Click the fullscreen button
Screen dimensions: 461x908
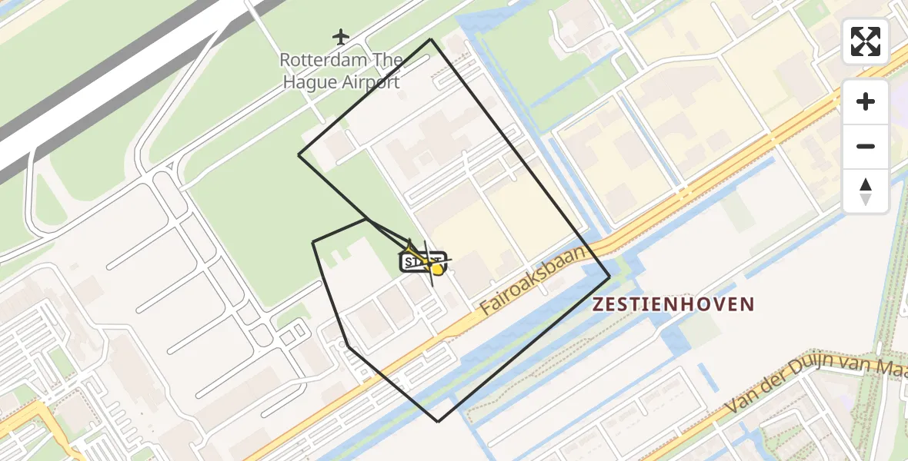(866, 41)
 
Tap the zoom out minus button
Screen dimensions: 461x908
(866, 146)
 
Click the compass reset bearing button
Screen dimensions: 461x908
(866, 191)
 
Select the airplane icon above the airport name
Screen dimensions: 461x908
(341, 36)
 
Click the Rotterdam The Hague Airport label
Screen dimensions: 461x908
(341, 71)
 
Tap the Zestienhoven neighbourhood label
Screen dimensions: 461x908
(673, 304)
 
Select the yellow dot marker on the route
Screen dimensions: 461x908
(437, 269)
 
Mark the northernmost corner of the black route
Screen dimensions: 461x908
(431, 39)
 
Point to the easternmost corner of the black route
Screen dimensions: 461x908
(609, 277)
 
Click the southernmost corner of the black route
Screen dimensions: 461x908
(439, 422)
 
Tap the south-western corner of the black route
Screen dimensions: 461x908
(349, 347)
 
